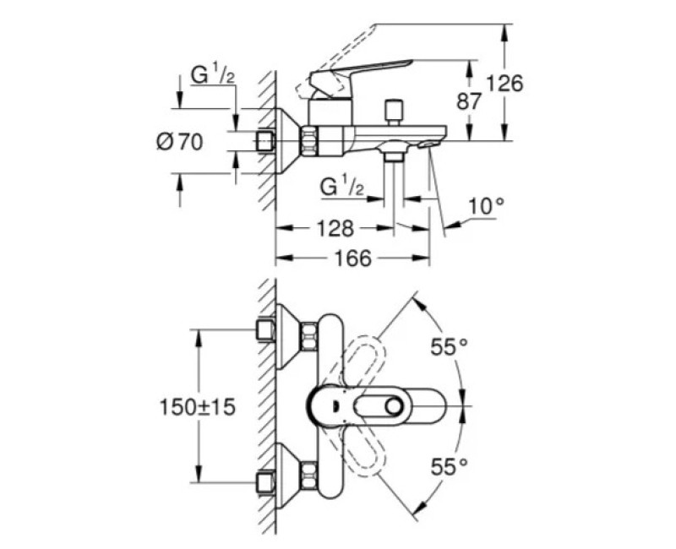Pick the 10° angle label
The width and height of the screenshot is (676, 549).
point(486,204)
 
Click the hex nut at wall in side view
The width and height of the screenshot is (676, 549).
point(266,140)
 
